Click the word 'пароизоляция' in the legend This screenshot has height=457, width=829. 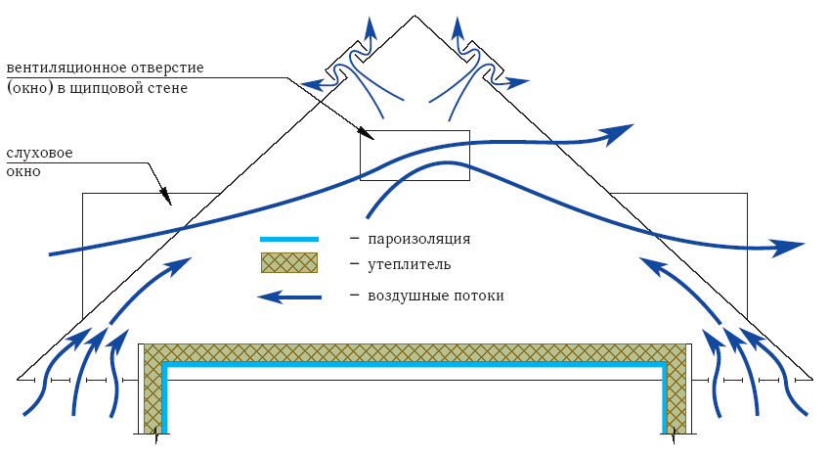point(419,239)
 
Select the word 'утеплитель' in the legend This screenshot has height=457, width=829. point(410,264)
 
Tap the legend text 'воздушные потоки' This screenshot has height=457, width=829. point(436,296)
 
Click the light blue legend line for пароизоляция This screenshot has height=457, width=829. point(289,239)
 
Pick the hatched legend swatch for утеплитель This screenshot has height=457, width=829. point(289,262)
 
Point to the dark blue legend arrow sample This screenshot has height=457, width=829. point(289,297)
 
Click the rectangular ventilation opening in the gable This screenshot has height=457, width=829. point(414,155)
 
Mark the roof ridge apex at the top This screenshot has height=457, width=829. point(415,16)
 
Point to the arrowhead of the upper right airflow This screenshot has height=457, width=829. point(618,133)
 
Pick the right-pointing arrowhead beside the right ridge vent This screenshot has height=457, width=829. point(520,82)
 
